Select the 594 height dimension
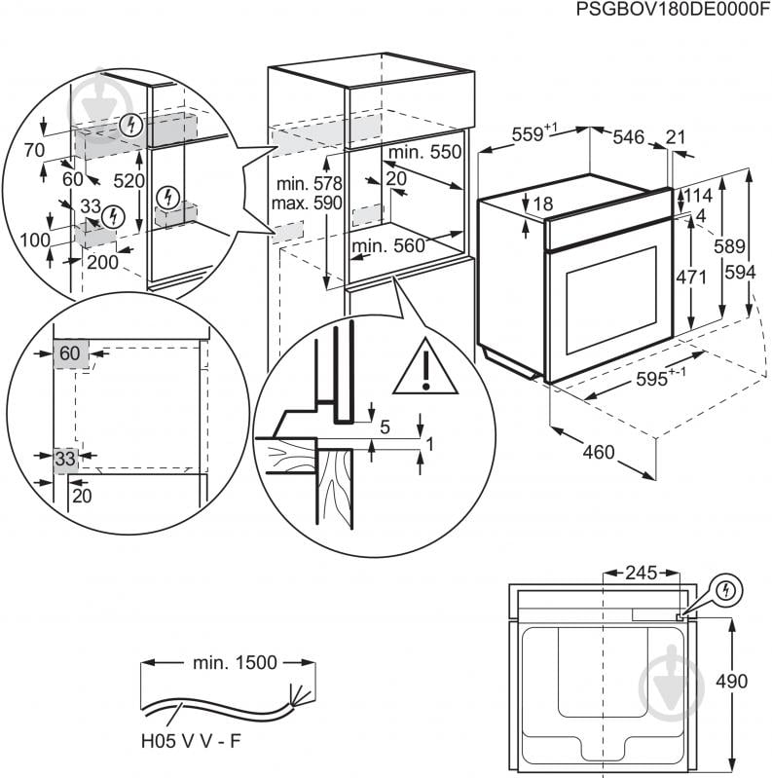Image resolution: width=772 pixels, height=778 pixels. pyautogui.click(x=741, y=273)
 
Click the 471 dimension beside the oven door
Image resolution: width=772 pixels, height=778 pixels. pyautogui.click(x=691, y=277)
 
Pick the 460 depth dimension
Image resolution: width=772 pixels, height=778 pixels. pyautogui.click(x=599, y=452)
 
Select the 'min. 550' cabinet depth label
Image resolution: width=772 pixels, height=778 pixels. pyautogui.click(x=423, y=153)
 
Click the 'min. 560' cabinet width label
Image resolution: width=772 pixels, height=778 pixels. pyautogui.click(x=388, y=246)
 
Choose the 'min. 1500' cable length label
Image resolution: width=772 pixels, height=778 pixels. pyautogui.click(x=234, y=663)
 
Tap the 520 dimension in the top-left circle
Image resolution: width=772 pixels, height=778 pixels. pyautogui.click(x=129, y=181)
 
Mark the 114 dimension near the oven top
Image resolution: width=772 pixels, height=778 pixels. pyautogui.click(x=698, y=196)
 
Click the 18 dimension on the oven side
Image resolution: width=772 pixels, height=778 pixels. pyautogui.click(x=543, y=204)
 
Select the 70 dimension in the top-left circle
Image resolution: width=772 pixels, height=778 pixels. pyautogui.click(x=34, y=150)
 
